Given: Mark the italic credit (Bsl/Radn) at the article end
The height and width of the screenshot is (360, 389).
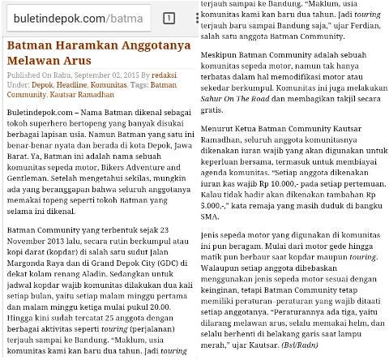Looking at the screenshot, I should point(321,345).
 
